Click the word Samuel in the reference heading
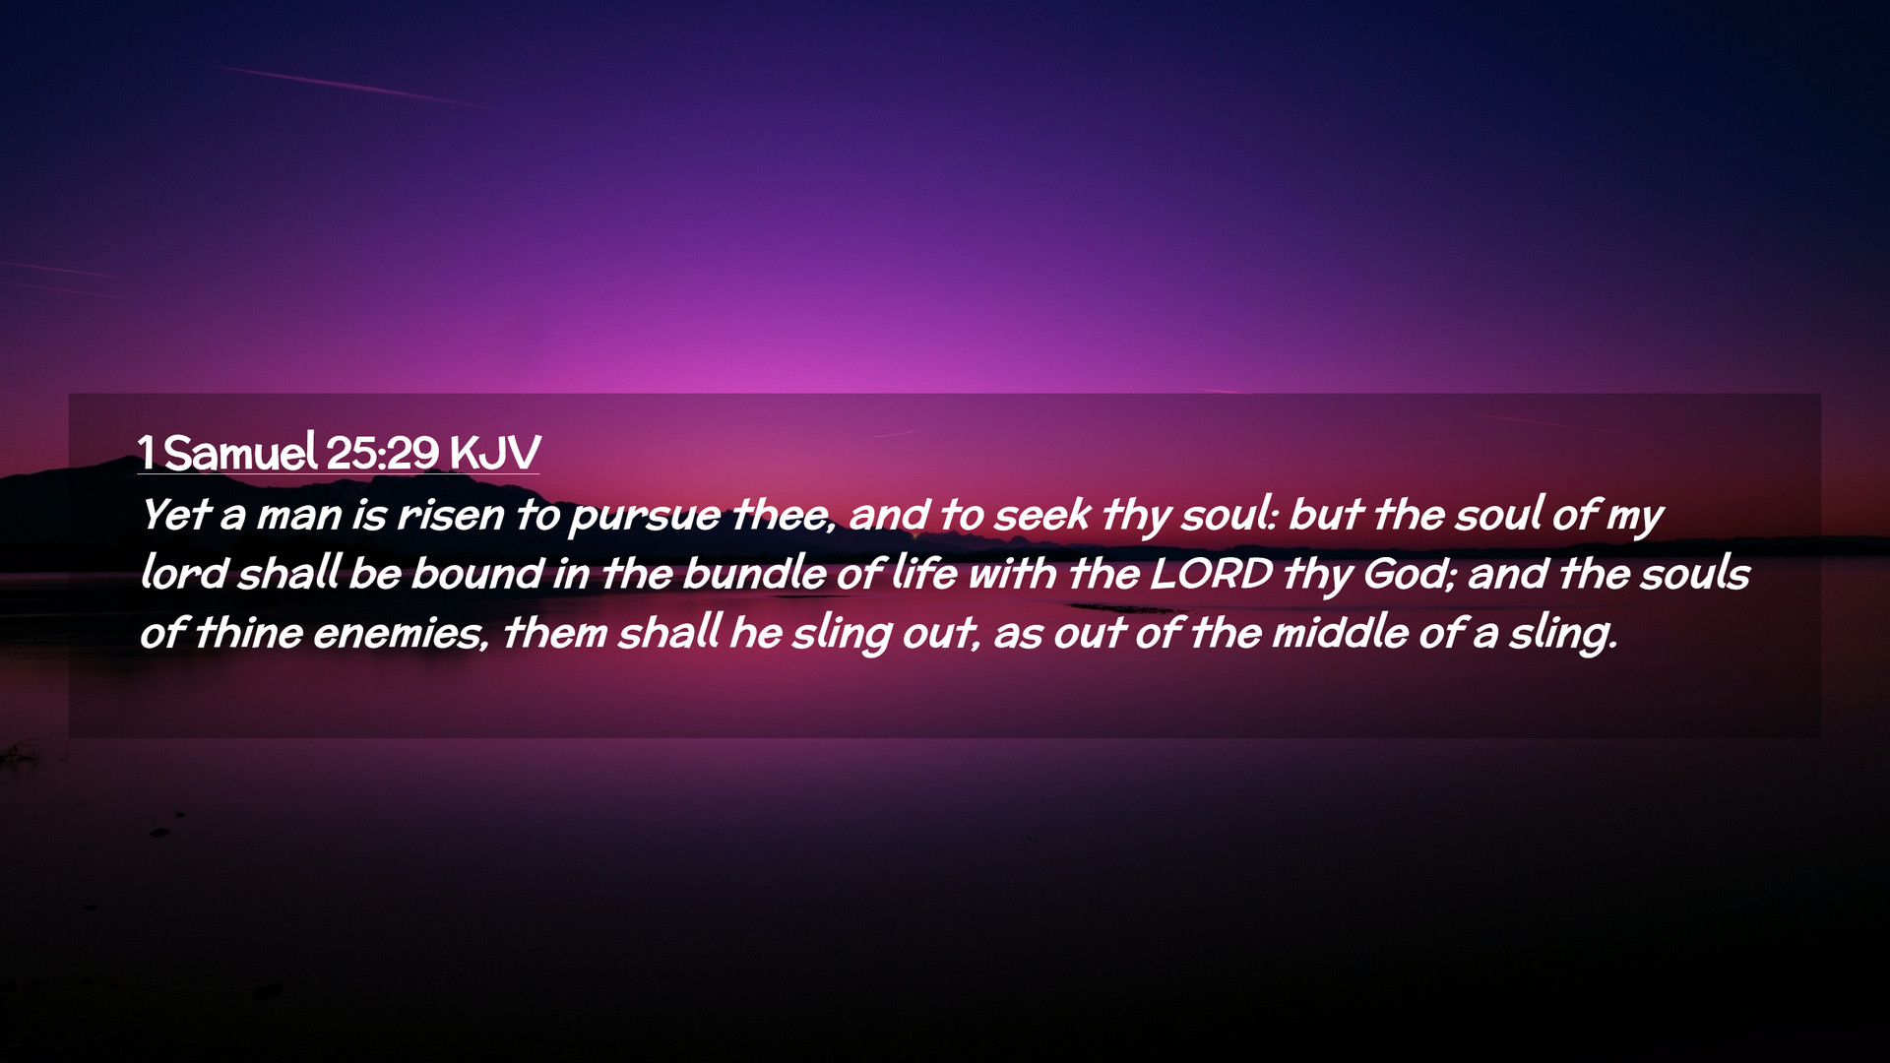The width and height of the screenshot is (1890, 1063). coord(240,453)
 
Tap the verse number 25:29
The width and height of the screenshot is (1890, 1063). coord(382,453)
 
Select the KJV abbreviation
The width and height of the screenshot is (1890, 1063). coord(495,453)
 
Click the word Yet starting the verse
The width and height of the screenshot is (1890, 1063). coord(176,515)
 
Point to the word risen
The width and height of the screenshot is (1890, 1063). coord(450,515)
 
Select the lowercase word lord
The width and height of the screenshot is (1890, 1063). coord(184,573)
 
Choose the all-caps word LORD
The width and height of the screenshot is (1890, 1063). coord(1211,574)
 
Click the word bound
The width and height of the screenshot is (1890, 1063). coord(477,573)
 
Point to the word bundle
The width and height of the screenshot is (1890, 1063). coord(754,573)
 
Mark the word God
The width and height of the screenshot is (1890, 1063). coord(1409,574)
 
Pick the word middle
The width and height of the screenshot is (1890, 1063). coord(1340,632)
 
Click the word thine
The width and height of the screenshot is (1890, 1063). coord(249,632)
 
